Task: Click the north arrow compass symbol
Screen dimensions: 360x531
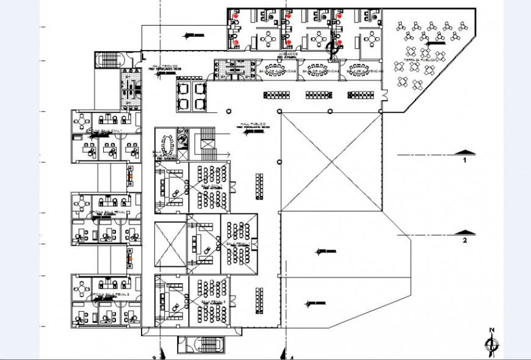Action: [492, 343]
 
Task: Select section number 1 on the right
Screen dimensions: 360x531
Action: [464, 160]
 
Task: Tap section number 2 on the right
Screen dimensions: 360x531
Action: [464, 240]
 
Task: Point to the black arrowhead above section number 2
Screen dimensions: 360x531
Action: [465, 232]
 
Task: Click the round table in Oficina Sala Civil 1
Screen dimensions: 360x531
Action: [82, 121]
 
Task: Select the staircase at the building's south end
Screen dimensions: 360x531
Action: [200, 344]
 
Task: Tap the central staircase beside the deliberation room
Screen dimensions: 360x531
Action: [207, 142]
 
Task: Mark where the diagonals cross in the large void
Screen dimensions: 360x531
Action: [331, 162]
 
